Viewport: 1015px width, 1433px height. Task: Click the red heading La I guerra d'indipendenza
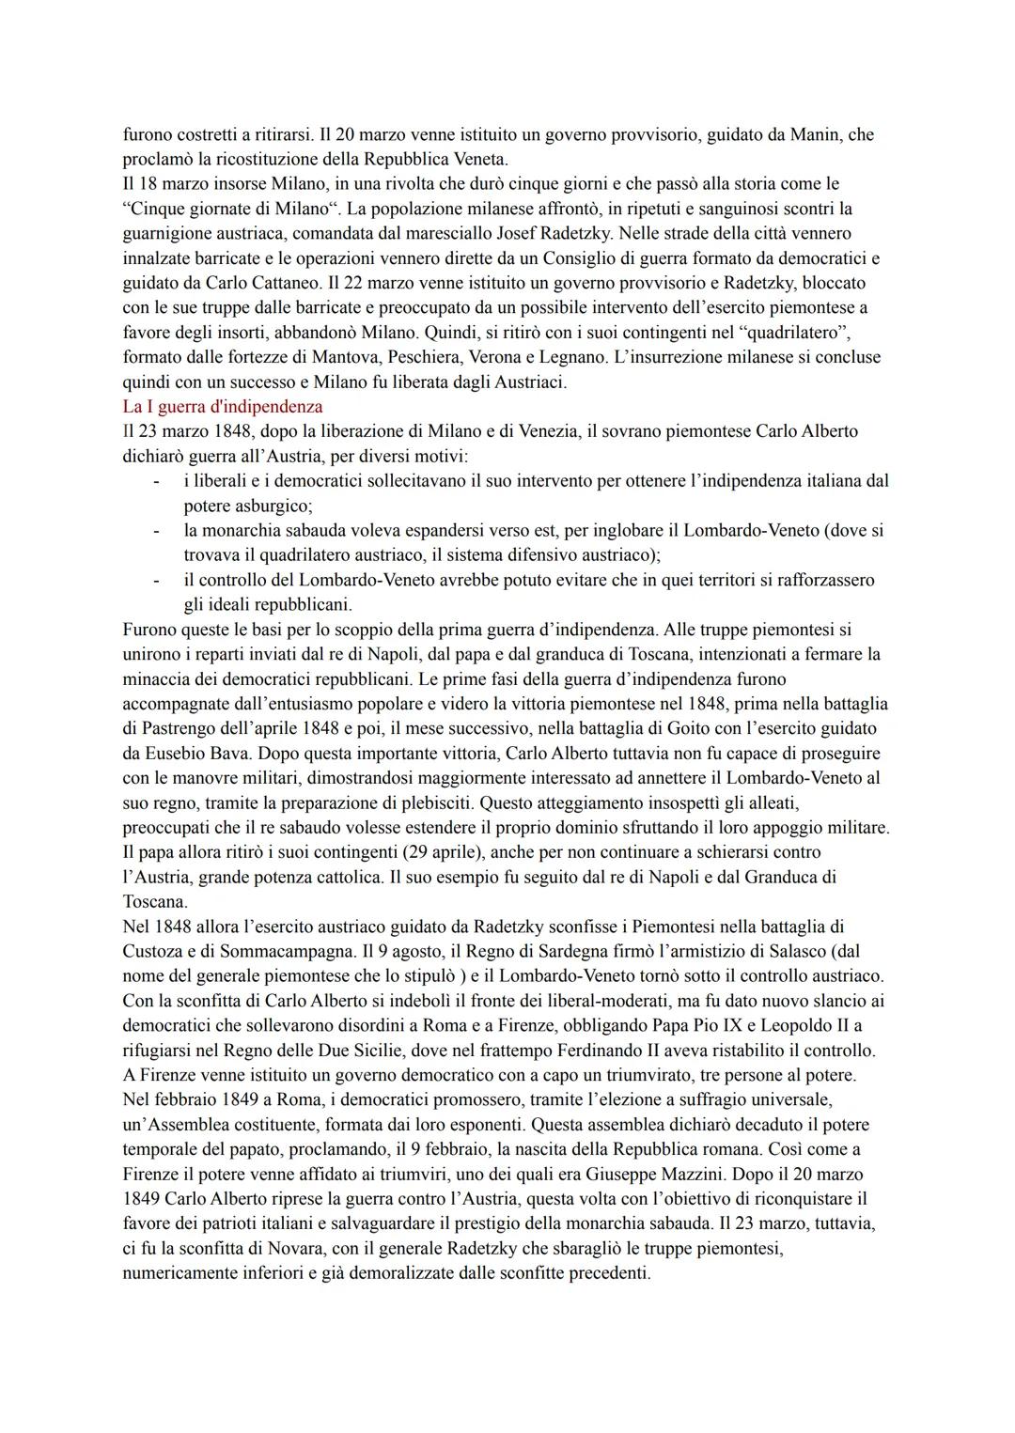[223, 407]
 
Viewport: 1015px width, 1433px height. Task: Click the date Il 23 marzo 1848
[180, 431]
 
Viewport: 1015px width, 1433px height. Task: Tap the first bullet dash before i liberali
[156, 481]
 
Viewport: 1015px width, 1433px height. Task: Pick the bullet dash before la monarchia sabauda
[156, 530]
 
